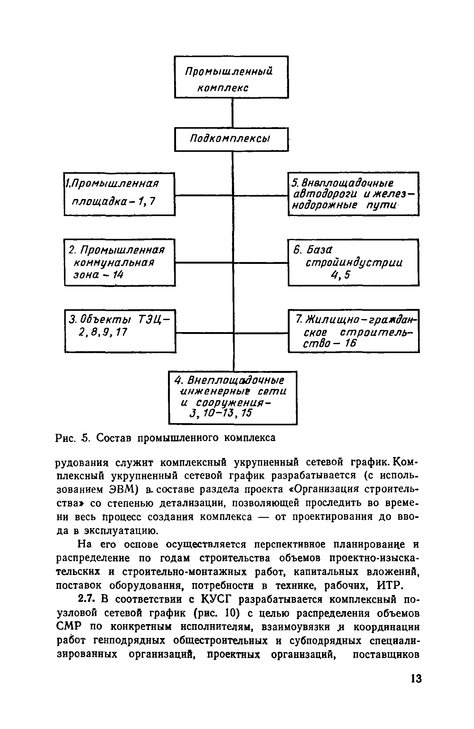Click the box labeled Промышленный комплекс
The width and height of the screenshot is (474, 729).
231,77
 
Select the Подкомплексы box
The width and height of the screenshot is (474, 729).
231,140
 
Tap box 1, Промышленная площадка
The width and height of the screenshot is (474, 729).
119,194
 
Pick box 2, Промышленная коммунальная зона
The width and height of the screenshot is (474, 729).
120,262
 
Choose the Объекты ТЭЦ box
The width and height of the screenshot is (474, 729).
120,331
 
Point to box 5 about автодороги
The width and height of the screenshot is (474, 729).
353,194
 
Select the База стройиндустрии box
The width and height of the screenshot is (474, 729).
353,262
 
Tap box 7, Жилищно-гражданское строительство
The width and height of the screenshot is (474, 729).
354,331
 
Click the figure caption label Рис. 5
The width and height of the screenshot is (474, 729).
73,438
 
